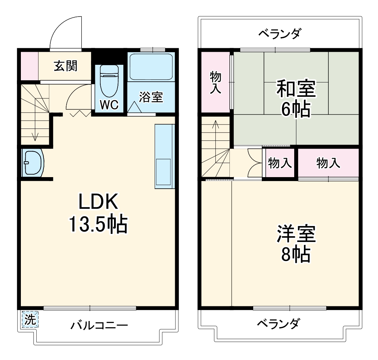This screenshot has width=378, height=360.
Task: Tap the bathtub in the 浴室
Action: click(151, 67)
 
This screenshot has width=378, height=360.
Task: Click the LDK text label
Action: click(98, 203)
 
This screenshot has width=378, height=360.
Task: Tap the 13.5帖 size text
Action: click(98, 225)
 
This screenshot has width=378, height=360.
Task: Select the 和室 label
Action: click(296, 89)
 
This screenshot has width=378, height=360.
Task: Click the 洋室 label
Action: click(296, 234)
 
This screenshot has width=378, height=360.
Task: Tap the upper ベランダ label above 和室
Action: click(280, 34)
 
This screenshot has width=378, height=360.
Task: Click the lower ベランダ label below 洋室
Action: click(278, 324)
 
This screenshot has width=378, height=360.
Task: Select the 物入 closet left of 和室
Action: click(215, 82)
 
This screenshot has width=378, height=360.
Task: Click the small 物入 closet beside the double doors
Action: click(280, 163)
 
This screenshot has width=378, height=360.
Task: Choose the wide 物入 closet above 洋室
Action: click(328, 163)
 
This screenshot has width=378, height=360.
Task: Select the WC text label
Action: click(109, 105)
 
